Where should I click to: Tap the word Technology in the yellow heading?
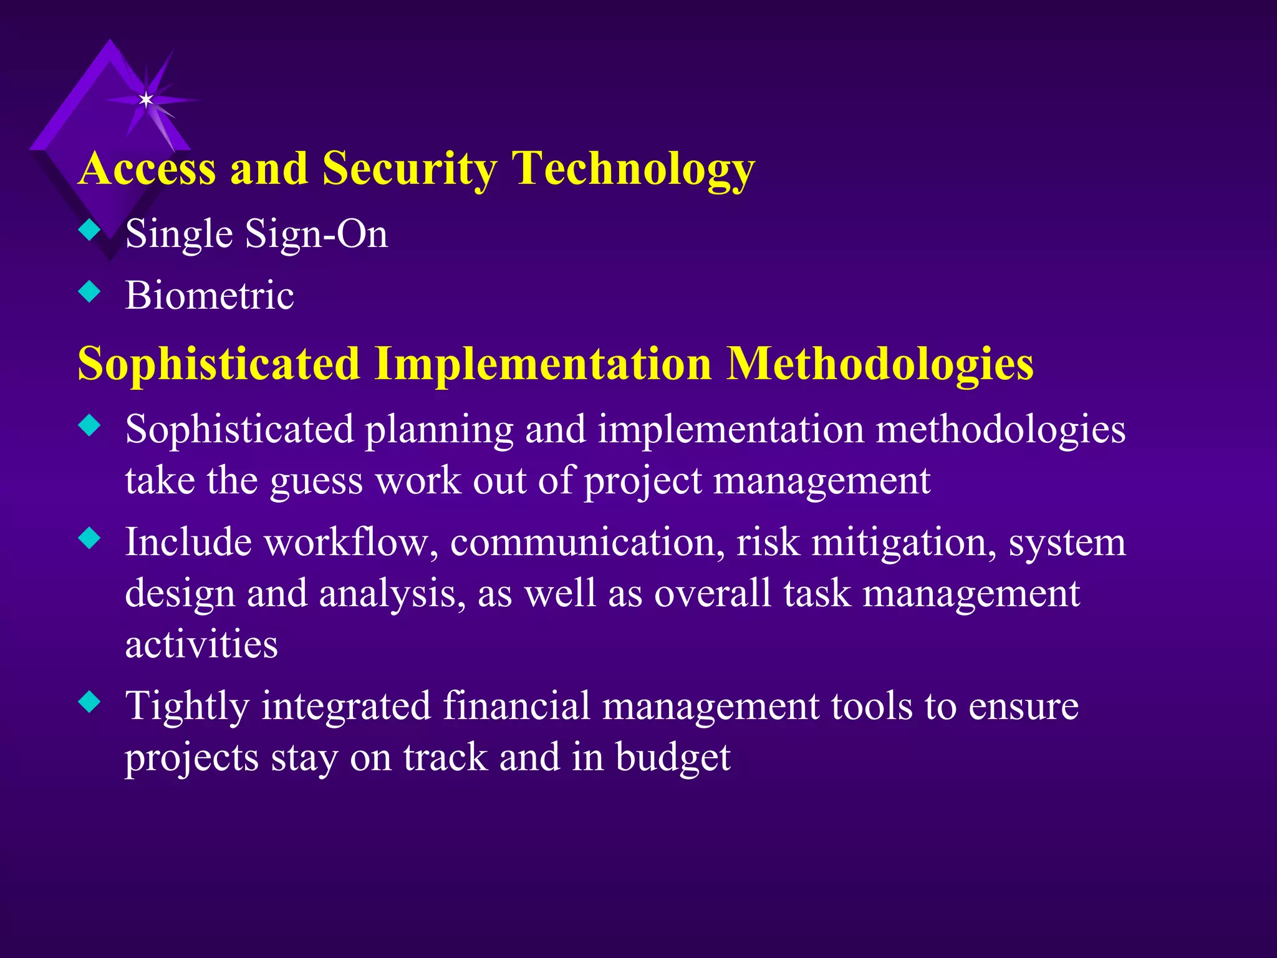coord(634,170)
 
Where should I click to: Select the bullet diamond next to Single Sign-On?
coord(90,231)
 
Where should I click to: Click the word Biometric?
coord(210,295)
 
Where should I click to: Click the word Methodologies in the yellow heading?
coord(880,364)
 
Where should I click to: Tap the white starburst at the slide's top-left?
coord(146,100)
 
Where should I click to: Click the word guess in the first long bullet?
coord(316,481)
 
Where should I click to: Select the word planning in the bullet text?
coord(439,430)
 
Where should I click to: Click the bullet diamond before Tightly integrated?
coord(90,703)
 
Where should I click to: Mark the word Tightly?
coord(187,707)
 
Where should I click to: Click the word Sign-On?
coord(316,235)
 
